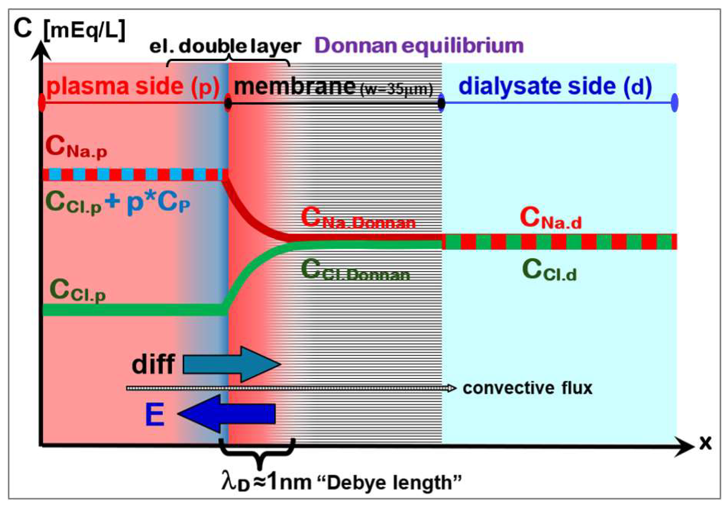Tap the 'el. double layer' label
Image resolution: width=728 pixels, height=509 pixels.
pyautogui.click(x=225, y=47)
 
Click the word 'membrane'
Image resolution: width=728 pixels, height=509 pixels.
pyautogui.click(x=295, y=86)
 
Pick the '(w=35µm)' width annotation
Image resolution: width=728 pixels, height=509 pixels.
pyautogui.click(x=396, y=90)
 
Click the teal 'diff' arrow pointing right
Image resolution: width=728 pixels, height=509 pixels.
pyautogui.click(x=231, y=364)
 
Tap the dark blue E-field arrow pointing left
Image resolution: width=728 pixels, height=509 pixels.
pyautogui.click(x=227, y=414)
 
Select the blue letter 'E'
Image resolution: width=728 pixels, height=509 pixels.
pyautogui.click(x=155, y=414)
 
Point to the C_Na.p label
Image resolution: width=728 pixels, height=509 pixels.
pyautogui.click(x=76, y=148)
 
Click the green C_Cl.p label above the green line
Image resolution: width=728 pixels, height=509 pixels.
pyautogui.click(x=77, y=290)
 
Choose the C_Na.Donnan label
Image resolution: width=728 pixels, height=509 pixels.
pyautogui.click(x=358, y=219)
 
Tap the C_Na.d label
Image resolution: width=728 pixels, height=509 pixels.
pyautogui.click(x=551, y=218)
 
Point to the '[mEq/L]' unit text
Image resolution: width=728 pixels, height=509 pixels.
pyautogui.click(x=84, y=30)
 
